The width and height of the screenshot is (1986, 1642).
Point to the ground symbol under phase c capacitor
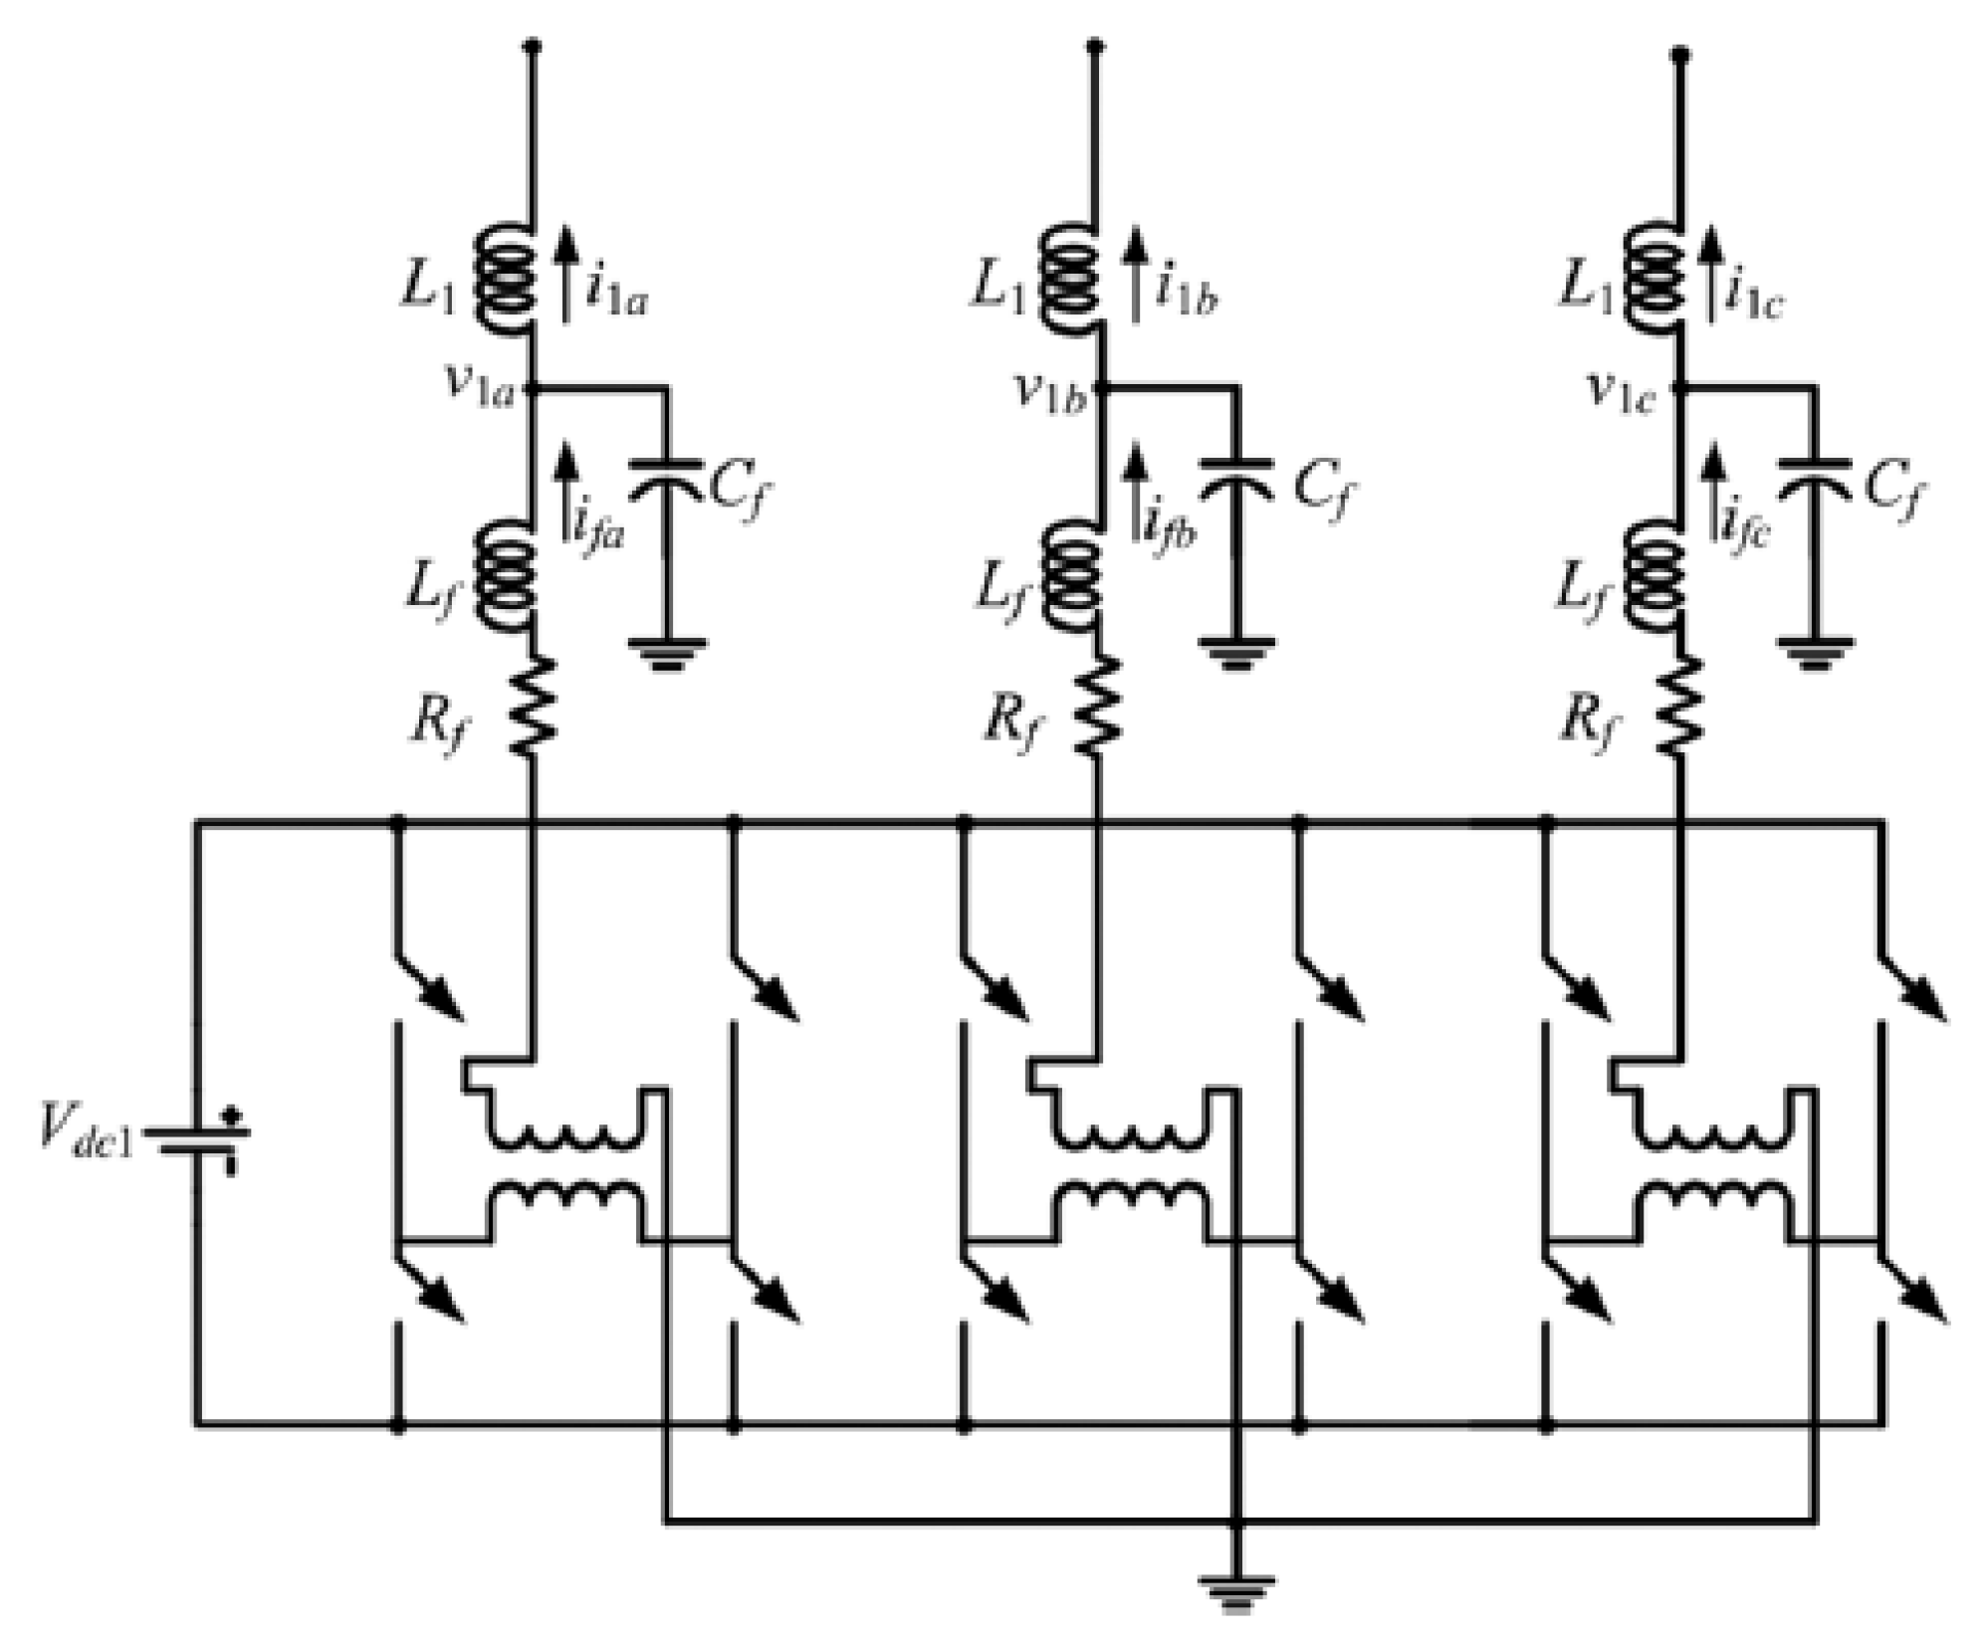click(1816, 652)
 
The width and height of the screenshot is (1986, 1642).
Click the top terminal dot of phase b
click(1094, 46)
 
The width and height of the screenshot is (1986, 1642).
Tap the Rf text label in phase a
click(438, 726)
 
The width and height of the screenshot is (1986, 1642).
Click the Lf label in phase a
click(430, 591)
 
